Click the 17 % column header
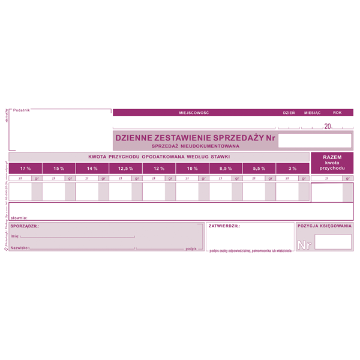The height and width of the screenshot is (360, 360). [x=25, y=169]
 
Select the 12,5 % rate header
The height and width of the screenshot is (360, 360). [x=125, y=169]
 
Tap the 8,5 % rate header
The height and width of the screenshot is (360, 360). [x=226, y=169]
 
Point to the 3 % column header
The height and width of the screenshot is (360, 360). [x=292, y=169]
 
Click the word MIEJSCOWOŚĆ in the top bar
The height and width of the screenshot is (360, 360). [x=193, y=113]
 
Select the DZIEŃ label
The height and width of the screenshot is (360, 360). [x=289, y=113]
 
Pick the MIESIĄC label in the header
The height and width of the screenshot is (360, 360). [x=313, y=113]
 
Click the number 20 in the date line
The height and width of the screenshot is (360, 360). [x=327, y=126]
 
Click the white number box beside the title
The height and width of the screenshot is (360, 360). [x=315, y=140]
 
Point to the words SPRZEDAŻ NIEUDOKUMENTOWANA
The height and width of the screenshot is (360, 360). [x=196, y=146]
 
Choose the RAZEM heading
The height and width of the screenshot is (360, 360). [x=332, y=157]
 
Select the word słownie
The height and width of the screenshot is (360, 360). [x=19, y=218]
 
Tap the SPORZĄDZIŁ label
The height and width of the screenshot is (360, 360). [x=25, y=226]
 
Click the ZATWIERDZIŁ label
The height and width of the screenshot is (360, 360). [x=224, y=226]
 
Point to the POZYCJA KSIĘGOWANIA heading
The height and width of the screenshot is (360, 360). [x=324, y=226]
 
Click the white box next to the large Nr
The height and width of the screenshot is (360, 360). [x=333, y=242]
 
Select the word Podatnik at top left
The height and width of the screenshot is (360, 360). [x=22, y=110]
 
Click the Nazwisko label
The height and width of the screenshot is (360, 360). [x=20, y=248]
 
